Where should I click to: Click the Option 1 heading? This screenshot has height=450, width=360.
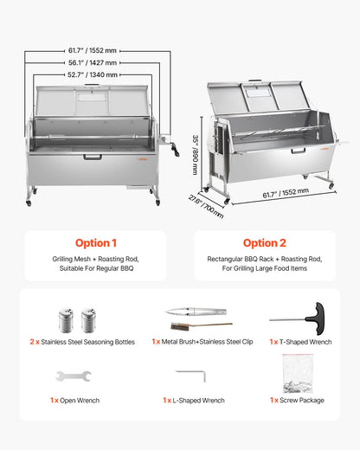(95, 243)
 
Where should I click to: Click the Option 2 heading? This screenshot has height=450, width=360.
(264, 243)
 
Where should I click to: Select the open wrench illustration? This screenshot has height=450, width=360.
(72, 376)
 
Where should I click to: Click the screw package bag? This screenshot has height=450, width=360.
(297, 374)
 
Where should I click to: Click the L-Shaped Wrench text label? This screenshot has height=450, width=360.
(196, 401)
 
